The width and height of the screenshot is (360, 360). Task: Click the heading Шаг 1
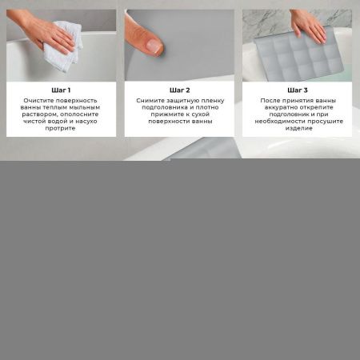pos(61,90)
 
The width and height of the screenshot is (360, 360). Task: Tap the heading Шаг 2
pos(179,90)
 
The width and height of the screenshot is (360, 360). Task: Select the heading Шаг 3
pos(298,90)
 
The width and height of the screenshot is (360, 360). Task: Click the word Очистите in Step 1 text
pos(39,101)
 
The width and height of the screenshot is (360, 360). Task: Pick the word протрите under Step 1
pos(61,128)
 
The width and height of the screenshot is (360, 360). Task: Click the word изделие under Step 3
pos(298,128)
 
